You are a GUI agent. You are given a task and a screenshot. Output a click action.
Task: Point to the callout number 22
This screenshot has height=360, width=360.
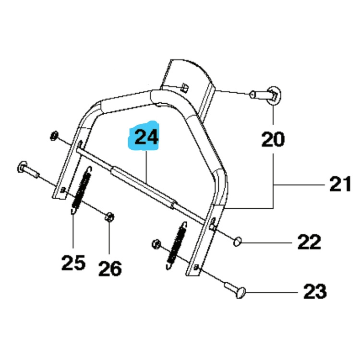point(308,242)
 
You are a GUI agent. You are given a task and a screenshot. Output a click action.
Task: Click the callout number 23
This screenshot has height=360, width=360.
point(314,291)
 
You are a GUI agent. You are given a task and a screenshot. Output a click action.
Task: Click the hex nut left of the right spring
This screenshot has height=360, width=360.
point(156,244)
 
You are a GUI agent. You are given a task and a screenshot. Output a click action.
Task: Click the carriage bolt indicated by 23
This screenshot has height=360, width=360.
point(235,290)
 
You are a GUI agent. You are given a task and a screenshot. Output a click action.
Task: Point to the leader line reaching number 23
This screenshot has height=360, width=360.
point(274,291)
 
